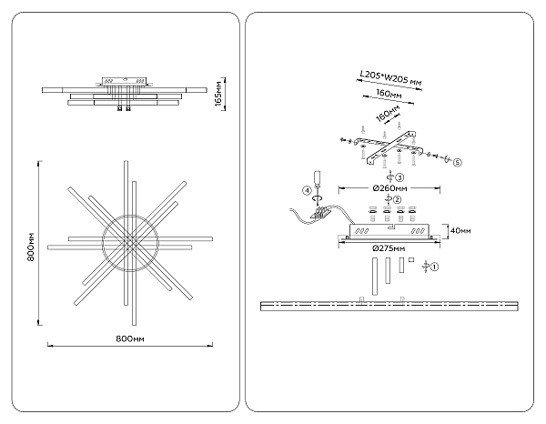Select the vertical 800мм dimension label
(30, 243)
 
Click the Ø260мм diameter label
(390, 188)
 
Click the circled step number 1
(435, 268)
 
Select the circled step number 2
(397, 198)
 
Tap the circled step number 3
(398, 178)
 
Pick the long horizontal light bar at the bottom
(389, 304)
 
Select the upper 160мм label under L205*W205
(390, 93)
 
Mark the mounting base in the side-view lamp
(121, 81)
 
